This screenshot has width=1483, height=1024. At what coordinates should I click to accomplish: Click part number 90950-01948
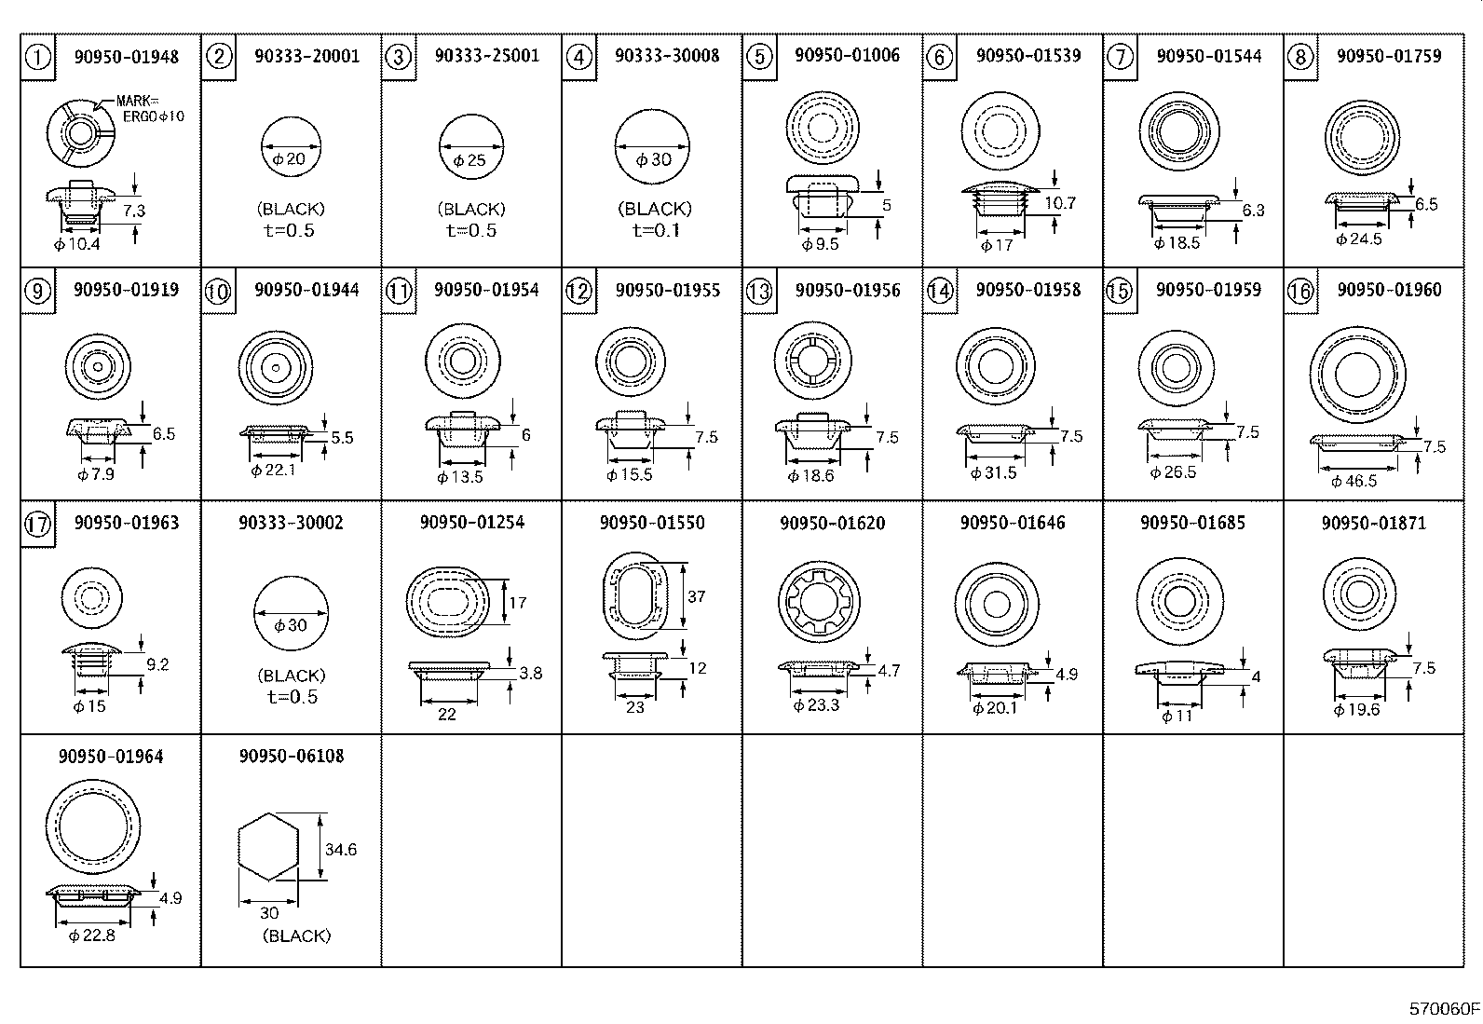(x=126, y=56)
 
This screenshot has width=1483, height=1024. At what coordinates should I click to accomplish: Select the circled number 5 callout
(x=760, y=57)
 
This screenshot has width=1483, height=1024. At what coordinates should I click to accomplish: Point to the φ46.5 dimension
(x=1354, y=481)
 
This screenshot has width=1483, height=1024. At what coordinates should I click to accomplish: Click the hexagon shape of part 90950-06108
(x=268, y=846)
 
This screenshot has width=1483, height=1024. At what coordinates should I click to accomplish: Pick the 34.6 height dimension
(x=340, y=849)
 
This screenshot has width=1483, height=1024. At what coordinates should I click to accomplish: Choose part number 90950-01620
(x=832, y=523)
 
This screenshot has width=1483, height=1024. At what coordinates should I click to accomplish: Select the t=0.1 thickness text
(x=654, y=230)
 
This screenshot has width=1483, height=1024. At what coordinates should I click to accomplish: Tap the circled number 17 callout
(x=37, y=525)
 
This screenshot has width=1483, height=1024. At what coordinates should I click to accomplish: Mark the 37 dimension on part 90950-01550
(x=697, y=596)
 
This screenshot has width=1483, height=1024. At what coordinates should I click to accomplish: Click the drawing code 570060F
(x=1443, y=1008)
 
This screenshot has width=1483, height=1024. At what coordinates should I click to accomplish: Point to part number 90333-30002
(x=291, y=523)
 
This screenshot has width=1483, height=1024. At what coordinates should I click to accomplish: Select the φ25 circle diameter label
(x=470, y=159)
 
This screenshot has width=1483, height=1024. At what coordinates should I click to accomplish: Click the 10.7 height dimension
(x=1060, y=202)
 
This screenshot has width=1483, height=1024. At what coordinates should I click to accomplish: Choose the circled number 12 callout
(x=578, y=292)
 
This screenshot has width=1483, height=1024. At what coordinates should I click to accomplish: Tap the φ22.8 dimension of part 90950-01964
(x=92, y=935)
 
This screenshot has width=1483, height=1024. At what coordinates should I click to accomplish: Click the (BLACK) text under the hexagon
(x=296, y=935)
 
